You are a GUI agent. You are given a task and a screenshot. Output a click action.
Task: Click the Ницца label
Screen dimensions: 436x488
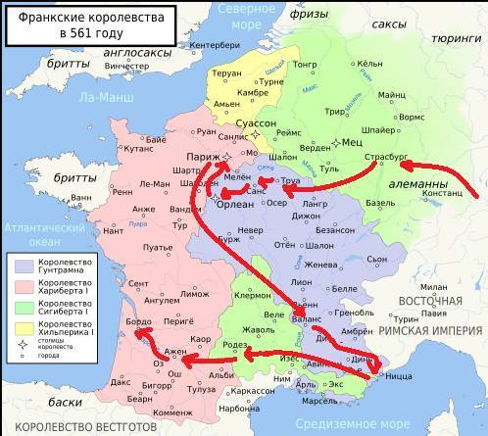[x=397, y=374]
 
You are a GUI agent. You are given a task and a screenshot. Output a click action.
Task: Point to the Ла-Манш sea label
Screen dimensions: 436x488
[x=107, y=97]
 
